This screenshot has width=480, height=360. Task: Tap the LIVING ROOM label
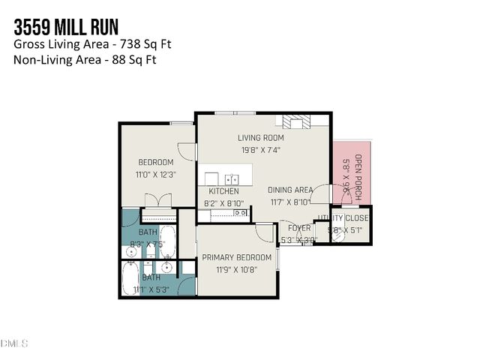point(259,137)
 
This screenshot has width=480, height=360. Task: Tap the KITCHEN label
point(223,191)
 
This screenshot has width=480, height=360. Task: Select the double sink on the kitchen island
point(232,180)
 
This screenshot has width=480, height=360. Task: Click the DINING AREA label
point(290,190)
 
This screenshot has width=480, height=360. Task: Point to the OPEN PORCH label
point(358,176)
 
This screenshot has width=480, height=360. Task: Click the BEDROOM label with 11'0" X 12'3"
point(156,162)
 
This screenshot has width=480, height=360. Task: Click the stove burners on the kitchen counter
point(240,214)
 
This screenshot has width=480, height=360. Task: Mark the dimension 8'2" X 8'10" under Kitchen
point(223,202)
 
